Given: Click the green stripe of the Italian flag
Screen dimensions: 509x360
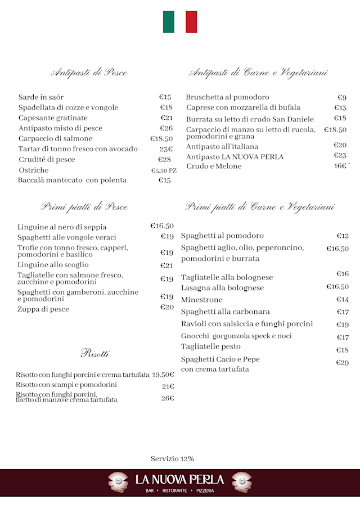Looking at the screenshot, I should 169,22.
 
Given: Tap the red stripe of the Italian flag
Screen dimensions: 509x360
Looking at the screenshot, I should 191,22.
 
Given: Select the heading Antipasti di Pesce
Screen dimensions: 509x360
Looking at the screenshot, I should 89,72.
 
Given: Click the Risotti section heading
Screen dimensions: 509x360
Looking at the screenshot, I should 94,353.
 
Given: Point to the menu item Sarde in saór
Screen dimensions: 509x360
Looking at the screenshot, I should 41,97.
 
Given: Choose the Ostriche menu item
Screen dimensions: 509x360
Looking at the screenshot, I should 34,170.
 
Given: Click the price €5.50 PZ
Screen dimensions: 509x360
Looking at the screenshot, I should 164,170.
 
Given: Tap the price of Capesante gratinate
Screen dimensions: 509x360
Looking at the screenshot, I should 166,118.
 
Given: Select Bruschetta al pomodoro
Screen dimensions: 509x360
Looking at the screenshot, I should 227,97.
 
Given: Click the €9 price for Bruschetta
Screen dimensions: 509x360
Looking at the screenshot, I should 342,97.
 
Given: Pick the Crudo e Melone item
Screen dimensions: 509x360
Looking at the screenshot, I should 214,166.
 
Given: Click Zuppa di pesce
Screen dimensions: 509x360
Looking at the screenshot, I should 43,309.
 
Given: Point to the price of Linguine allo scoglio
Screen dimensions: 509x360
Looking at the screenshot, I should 166,265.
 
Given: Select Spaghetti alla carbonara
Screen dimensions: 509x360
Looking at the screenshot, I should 225,312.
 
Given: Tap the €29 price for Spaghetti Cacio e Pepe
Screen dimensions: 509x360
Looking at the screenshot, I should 342,363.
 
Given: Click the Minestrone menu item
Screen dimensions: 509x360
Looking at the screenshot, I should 202,300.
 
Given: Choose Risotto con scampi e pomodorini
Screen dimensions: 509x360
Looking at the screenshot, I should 66,385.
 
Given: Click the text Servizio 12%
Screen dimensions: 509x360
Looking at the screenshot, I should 172,459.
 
